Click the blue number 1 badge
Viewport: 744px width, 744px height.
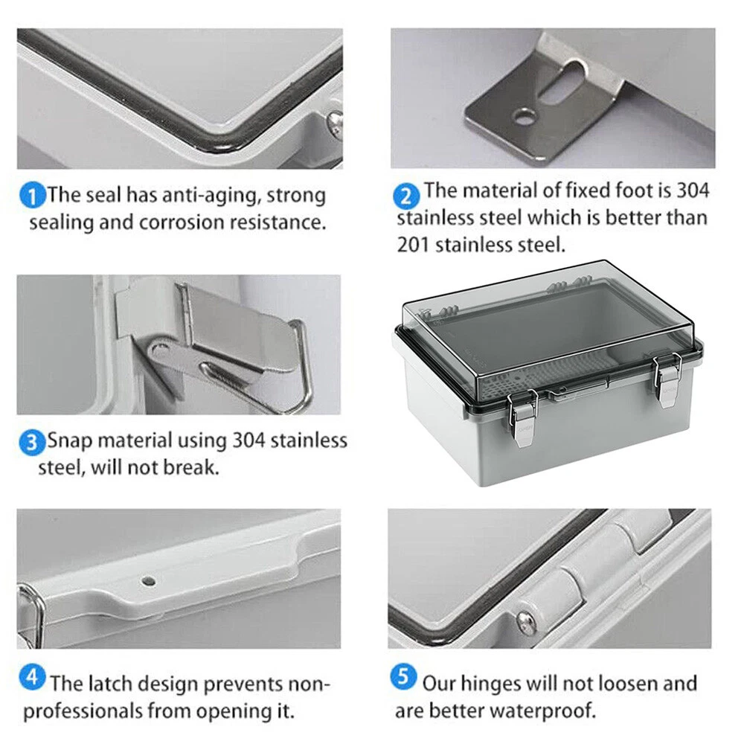(x=32, y=196)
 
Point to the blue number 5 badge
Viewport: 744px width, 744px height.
(x=403, y=677)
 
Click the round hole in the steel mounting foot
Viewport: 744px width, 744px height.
(x=525, y=116)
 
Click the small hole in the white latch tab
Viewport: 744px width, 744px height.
(x=149, y=581)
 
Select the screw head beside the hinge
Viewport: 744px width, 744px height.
(x=526, y=618)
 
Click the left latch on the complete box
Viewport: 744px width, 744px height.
(x=522, y=417)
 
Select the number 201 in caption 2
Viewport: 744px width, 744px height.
(x=413, y=245)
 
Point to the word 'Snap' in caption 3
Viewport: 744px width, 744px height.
(x=70, y=441)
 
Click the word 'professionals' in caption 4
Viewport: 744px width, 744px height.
(x=83, y=711)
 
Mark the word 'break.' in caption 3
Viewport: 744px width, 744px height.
(x=191, y=468)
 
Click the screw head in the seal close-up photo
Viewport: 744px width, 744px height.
(x=336, y=123)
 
